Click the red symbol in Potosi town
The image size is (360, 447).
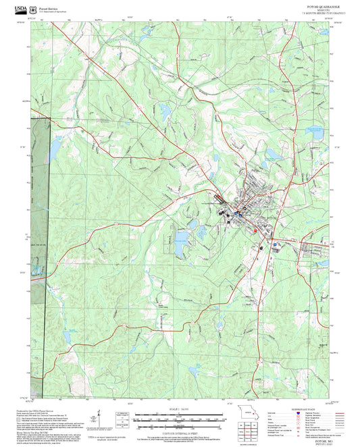pos(255,230)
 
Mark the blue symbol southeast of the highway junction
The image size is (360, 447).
pos(274,246)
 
